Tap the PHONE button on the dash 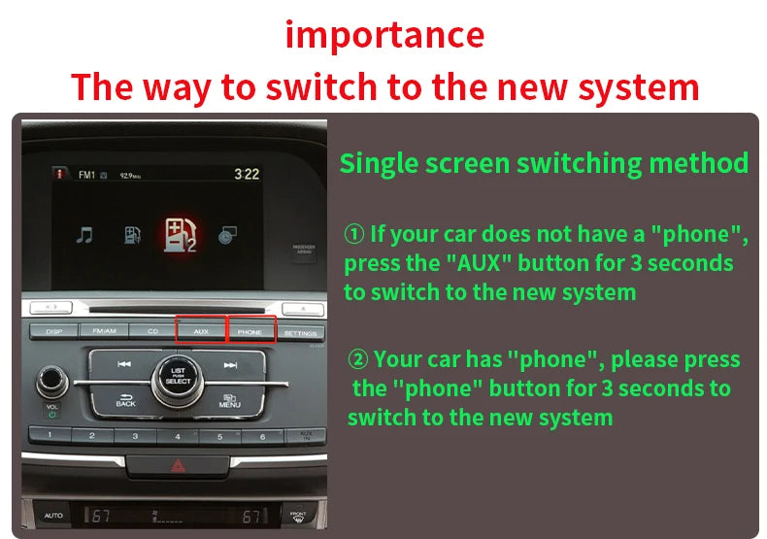pyautogui.click(x=250, y=331)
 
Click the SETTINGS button pyautogui.click(x=300, y=333)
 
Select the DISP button pyautogui.click(x=54, y=331)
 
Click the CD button pyautogui.click(x=151, y=331)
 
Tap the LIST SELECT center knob pyautogui.click(x=178, y=376)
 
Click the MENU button pyautogui.click(x=230, y=399)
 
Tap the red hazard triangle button pyautogui.click(x=179, y=466)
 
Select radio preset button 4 pyautogui.click(x=178, y=437)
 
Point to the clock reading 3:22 pyautogui.click(x=247, y=175)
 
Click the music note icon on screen pyautogui.click(x=85, y=234)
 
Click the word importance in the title pyautogui.click(x=384, y=35)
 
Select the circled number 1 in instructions pyautogui.click(x=354, y=234)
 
